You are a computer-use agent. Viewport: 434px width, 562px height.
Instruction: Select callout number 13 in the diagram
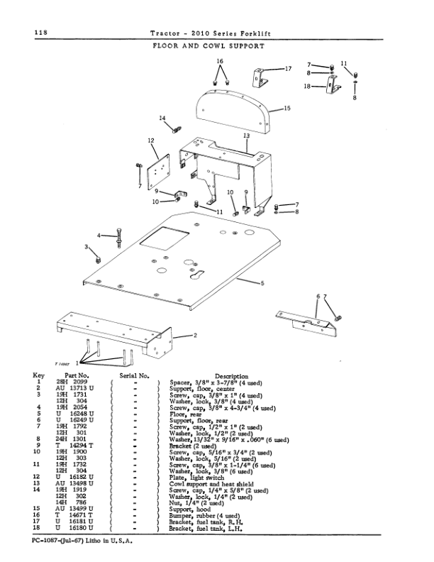click(x=245, y=135)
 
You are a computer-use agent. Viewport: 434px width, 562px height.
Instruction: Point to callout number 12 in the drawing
click(x=151, y=141)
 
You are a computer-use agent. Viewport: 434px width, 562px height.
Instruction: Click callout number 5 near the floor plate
click(x=262, y=284)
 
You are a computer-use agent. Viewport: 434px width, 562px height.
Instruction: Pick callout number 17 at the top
click(x=288, y=69)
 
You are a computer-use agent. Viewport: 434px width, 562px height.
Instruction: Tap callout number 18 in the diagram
click(x=307, y=86)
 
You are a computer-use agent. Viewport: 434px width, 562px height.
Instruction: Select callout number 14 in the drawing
click(x=162, y=118)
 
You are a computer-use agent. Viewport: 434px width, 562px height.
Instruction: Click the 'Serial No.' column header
click(x=133, y=376)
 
